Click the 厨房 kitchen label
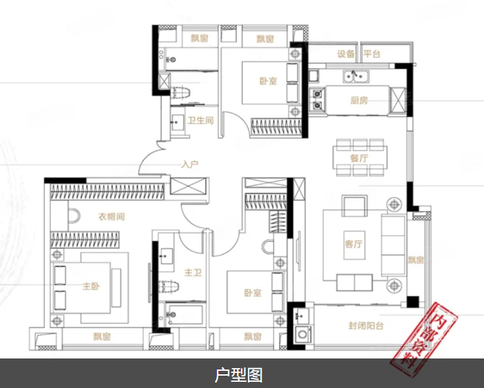click(359, 100)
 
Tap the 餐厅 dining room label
click(359, 158)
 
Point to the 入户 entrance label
click(190, 165)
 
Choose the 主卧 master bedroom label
click(92, 286)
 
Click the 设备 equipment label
click(346, 54)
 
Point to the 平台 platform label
click(372, 54)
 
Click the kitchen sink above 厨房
click(357, 76)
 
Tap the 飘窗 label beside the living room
click(415, 260)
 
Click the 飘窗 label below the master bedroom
click(102, 337)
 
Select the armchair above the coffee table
click(355, 205)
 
